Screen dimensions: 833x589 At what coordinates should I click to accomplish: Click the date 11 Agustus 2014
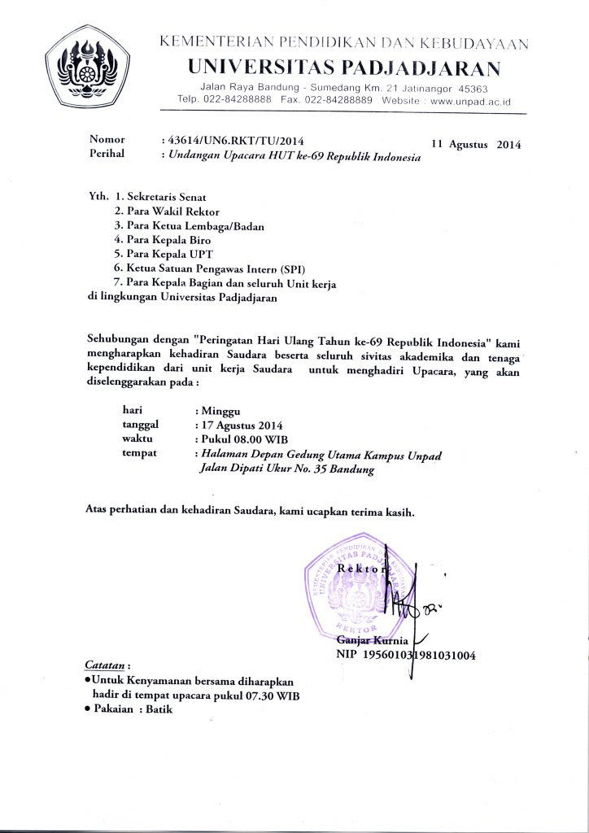point(476,144)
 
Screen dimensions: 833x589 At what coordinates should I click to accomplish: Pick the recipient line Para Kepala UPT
point(160,254)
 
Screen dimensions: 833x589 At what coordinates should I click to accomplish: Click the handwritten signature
point(407,602)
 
